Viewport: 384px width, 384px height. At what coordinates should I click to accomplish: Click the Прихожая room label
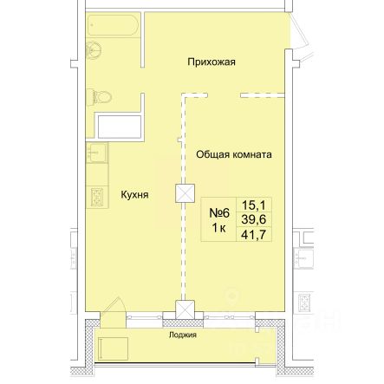click(x=212, y=62)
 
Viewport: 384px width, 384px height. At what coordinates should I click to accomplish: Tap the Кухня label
click(x=134, y=195)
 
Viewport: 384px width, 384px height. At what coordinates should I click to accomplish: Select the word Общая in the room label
click(x=212, y=154)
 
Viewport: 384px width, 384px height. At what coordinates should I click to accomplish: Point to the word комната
click(x=252, y=154)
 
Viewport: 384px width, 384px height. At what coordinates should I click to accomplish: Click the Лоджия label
click(x=183, y=335)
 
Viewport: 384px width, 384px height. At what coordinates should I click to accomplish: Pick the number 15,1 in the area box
click(x=253, y=205)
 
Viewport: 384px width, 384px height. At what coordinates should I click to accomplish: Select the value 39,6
click(x=254, y=219)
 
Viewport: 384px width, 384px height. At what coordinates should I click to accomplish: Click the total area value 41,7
click(x=254, y=235)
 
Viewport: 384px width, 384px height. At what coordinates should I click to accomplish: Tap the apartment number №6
click(x=219, y=213)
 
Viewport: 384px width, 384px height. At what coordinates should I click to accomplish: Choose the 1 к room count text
click(x=218, y=229)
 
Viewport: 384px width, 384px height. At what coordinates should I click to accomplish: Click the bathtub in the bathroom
click(x=114, y=25)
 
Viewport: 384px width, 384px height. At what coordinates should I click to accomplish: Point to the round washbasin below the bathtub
click(x=94, y=50)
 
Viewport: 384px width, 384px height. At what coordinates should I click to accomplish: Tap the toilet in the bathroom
click(x=99, y=97)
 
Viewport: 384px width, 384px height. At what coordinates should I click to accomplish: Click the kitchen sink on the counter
click(x=97, y=153)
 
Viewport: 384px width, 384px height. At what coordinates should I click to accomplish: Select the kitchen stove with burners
click(x=97, y=197)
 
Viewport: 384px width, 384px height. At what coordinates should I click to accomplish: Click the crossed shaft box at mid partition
click(x=185, y=193)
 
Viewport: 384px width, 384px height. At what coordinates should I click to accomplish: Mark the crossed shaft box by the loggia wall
click(x=185, y=309)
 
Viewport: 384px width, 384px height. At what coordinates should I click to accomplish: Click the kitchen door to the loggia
click(x=113, y=312)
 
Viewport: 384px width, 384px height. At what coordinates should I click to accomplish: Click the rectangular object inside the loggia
click(x=113, y=348)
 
